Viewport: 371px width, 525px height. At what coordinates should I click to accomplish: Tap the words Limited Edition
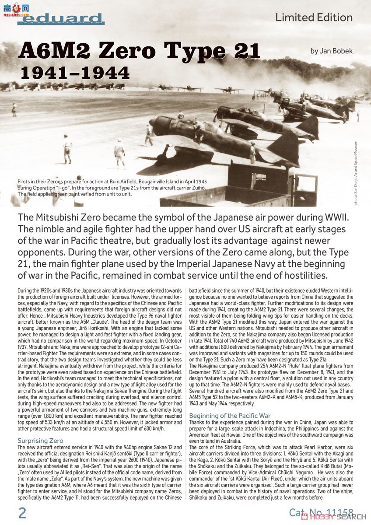[314, 17]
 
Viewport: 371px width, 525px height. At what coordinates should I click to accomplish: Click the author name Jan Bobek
[331, 51]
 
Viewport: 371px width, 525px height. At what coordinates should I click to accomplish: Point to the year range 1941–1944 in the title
[75, 73]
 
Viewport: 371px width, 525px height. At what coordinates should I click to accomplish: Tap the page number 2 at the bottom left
[22, 512]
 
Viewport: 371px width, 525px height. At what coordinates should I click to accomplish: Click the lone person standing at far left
[14, 109]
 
